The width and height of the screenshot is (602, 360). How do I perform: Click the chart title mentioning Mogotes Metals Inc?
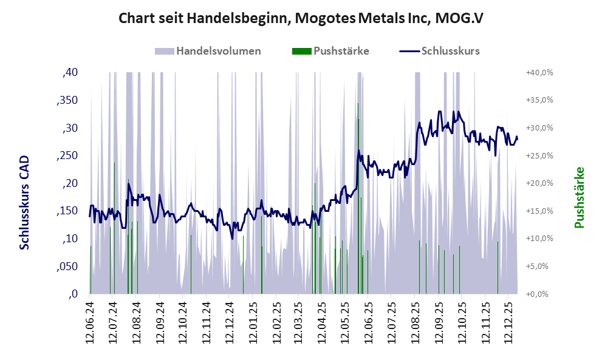pyautogui.click(x=300, y=18)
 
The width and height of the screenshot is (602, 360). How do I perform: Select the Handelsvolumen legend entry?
pyautogui.click(x=219, y=51)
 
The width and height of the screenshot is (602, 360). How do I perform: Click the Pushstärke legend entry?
pyautogui.click(x=341, y=51)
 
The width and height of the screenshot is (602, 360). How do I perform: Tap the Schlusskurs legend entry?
pyautogui.click(x=450, y=51)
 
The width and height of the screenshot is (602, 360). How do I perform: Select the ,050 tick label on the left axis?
pyautogui.click(x=66, y=267)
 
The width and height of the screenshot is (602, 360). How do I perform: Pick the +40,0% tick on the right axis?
pyautogui.click(x=539, y=73)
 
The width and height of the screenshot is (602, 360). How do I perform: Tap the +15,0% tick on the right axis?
pyautogui.click(x=539, y=211)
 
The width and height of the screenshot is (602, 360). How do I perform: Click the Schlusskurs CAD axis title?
pyautogui.click(x=25, y=202)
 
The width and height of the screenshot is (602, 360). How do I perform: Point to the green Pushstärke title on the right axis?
pyautogui.click(x=578, y=198)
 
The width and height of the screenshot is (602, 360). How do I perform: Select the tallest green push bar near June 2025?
pyautogui.click(x=358, y=200)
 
